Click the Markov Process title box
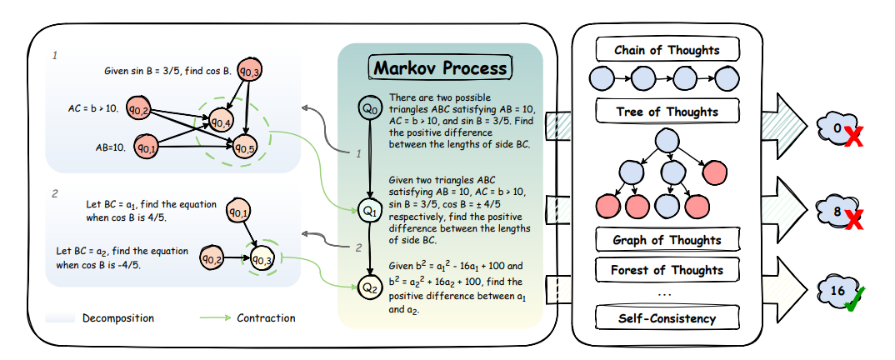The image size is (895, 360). pyautogui.click(x=440, y=67)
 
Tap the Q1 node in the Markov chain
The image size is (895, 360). pyautogui.click(x=369, y=212)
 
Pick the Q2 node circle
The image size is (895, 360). pyautogui.click(x=369, y=287)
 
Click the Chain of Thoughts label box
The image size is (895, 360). pyautogui.click(x=667, y=50)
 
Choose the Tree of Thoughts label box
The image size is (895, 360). pyautogui.click(x=667, y=112)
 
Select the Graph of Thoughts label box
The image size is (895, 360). pyautogui.click(x=667, y=240)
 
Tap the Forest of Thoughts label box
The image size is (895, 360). pyautogui.click(x=667, y=269)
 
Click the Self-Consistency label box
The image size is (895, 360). pyautogui.click(x=667, y=317)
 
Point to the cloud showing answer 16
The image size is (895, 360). pyautogui.click(x=837, y=291)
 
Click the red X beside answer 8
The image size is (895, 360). pyautogui.click(x=852, y=219)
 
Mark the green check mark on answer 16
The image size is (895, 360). pyautogui.click(x=854, y=299)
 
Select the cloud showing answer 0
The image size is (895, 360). pyautogui.click(x=837, y=128)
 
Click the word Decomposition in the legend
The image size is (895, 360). pyautogui.click(x=117, y=317)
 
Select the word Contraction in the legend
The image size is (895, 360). pyautogui.click(x=266, y=317)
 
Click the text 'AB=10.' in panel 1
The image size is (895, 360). pyautogui.click(x=110, y=147)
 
